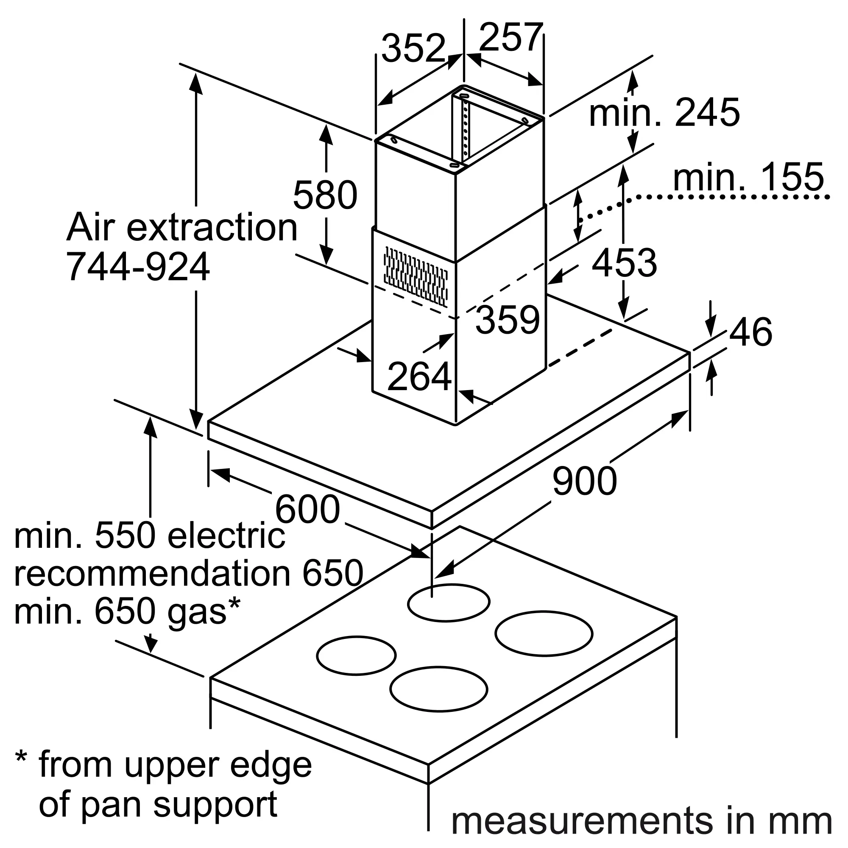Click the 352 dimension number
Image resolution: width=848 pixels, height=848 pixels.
[x=413, y=48]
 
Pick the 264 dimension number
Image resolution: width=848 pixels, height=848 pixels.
[x=420, y=376]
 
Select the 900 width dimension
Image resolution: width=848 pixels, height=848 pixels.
[x=585, y=481]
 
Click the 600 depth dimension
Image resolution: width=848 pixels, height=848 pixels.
[x=307, y=509]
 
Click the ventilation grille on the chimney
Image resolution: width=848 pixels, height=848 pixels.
[x=416, y=276]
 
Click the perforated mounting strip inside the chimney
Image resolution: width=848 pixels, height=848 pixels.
[x=465, y=128]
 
